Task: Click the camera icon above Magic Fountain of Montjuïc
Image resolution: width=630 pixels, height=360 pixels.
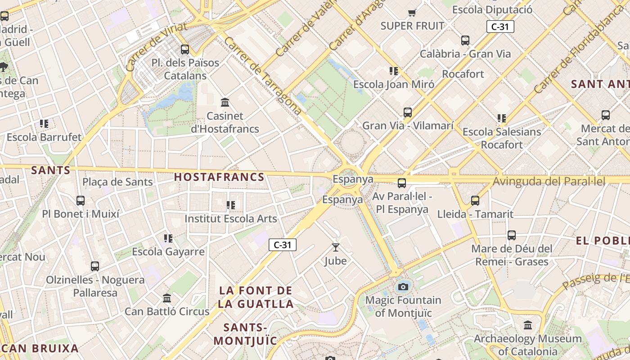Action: pyautogui.click(x=403, y=287)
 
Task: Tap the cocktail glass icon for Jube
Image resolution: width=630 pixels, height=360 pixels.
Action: pyautogui.click(x=335, y=247)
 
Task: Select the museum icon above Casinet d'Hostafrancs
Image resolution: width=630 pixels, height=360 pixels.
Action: pyautogui.click(x=225, y=103)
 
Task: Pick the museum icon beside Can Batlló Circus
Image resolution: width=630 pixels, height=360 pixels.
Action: pyautogui.click(x=167, y=298)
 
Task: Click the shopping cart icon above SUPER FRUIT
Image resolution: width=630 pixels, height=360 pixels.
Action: pyautogui.click(x=412, y=12)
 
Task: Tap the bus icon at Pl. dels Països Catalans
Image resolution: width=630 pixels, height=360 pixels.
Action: pyautogui.click(x=184, y=49)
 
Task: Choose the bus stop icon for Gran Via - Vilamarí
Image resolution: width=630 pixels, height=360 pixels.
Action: pyautogui.click(x=407, y=112)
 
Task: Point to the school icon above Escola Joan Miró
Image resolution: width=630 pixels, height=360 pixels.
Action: pyautogui.click(x=393, y=71)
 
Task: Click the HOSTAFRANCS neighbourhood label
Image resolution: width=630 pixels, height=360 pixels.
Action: pyautogui.click(x=219, y=177)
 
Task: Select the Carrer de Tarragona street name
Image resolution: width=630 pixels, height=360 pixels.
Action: pyautogui.click(x=262, y=76)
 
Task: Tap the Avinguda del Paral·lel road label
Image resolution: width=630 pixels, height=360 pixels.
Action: pyautogui.click(x=549, y=181)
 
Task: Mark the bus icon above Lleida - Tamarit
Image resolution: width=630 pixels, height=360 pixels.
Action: pyautogui.click(x=475, y=201)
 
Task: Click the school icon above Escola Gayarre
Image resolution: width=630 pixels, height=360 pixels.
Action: pyautogui.click(x=168, y=238)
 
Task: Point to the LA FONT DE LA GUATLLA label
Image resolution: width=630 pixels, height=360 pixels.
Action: pyautogui.click(x=256, y=297)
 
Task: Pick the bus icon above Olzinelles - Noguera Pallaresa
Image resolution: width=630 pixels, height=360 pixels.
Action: pyautogui.click(x=94, y=266)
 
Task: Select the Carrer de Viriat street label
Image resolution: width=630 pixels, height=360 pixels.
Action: pyautogui.click(x=156, y=47)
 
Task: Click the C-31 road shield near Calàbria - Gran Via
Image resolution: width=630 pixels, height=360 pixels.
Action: pyautogui.click(x=500, y=27)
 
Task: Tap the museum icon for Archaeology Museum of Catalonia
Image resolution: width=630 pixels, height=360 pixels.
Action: pyautogui.click(x=527, y=325)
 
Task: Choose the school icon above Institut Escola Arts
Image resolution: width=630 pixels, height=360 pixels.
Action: pyautogui.click(x=231, y=206)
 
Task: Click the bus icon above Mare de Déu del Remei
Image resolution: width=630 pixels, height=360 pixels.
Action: pyautogui.click(x=511, y=235)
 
